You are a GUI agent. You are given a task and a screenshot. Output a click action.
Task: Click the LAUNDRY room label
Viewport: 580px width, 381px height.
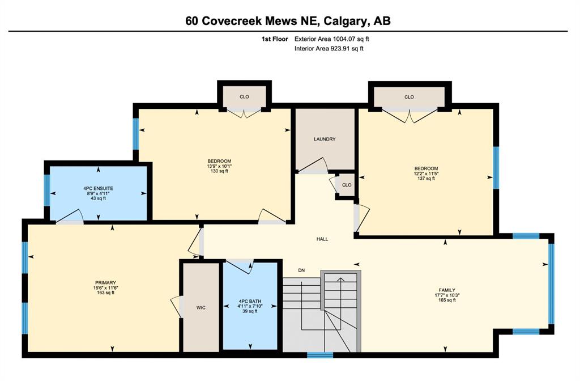click(325, 139)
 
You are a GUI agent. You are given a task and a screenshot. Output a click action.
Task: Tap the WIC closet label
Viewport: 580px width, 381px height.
click(201, 308)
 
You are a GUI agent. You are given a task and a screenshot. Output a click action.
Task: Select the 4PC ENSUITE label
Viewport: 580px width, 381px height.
click(98, 188)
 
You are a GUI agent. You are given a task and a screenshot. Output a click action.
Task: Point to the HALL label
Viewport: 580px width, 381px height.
click(322, 239)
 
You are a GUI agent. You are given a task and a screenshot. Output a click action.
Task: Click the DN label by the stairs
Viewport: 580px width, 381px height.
click(301, 270)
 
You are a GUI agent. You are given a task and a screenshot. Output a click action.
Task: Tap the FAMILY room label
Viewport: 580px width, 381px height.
click(447, 290)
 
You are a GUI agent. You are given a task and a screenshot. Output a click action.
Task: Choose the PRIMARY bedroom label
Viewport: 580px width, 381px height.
click(105, 283)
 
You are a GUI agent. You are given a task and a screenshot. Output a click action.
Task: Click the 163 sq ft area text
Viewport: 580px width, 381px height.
click(105, 293)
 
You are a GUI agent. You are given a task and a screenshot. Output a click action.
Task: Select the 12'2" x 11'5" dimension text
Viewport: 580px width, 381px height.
click(426, 173)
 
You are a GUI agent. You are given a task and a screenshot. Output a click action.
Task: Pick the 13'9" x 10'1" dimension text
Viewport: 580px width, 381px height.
click(219, 166)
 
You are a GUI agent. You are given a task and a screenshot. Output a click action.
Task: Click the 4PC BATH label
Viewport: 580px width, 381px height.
click(250, 302)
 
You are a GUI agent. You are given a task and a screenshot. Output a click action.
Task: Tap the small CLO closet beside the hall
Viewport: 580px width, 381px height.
click(347, 185)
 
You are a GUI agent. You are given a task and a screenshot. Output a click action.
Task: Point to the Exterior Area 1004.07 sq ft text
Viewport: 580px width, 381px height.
click(332, 39)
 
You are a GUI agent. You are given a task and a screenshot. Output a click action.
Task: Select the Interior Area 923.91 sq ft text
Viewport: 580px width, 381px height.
click(329, 49)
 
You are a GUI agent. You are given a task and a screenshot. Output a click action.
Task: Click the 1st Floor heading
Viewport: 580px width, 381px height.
click(275, 39)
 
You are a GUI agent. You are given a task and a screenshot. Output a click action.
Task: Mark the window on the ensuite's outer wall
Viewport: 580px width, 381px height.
click(47, 190)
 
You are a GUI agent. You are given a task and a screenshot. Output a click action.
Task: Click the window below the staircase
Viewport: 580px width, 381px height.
click(320, 355)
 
